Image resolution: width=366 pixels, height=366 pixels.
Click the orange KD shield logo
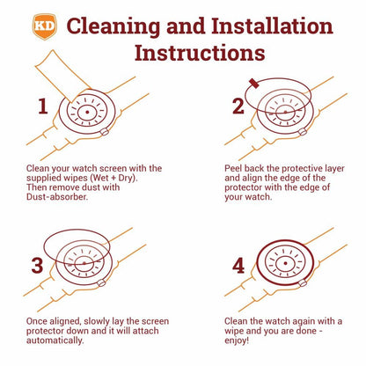click(44, 26)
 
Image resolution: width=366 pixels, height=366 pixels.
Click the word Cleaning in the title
click(113, 27)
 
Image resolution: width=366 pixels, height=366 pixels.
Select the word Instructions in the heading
click(200, 54)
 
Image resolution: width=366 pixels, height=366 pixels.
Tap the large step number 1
click(43, 106)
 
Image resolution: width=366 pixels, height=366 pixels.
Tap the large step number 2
click(238, 106)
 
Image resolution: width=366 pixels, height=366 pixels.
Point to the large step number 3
click(37, 266)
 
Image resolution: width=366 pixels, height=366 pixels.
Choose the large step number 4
click(238, 266)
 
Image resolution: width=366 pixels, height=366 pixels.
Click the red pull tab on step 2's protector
click(253, 84)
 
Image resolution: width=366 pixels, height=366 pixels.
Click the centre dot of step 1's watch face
click(87, 112)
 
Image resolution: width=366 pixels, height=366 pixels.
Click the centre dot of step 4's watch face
click(285, 263)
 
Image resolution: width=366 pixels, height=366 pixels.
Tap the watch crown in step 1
click(105, 132)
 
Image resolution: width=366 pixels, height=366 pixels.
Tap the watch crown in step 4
click(303, 283)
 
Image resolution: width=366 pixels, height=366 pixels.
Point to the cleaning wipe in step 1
click(60, 76)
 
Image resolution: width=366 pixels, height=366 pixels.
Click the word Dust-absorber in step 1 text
click(57, 196)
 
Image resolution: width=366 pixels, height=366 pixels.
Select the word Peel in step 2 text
click(233, 168)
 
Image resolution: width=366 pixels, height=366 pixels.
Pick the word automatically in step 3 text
click(55, 340)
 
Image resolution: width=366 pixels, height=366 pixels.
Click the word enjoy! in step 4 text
click(237, 340)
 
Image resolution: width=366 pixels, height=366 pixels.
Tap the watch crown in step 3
click(101, 283)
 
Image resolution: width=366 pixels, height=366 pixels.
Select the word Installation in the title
click(272, 27)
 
